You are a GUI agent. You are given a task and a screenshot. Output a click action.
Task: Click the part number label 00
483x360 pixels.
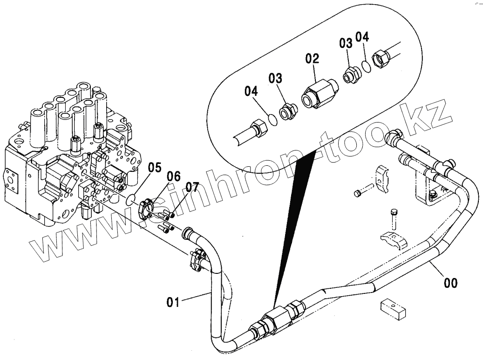click(x=450, y=282)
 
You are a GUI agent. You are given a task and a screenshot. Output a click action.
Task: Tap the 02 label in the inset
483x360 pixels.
click(x=312, y=59)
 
